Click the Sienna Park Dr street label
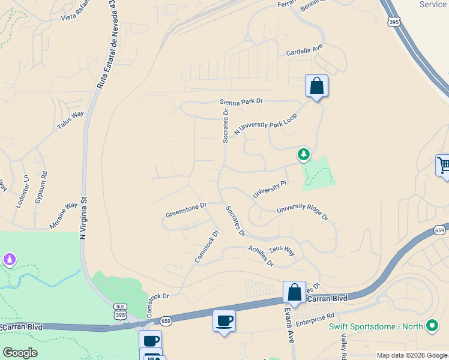click(241, 103)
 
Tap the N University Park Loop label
click(266, 124)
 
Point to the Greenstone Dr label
click(186, 210)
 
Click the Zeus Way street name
click(282, 250)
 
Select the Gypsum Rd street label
click(41, 188)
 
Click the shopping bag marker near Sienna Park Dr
click(316, 86)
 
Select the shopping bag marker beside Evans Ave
click(294, 293)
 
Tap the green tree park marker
click(304, 155)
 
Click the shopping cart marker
click(444, 166)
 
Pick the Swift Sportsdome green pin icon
click(432, 326)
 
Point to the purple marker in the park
click(9, 260)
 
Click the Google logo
click(20, 353)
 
